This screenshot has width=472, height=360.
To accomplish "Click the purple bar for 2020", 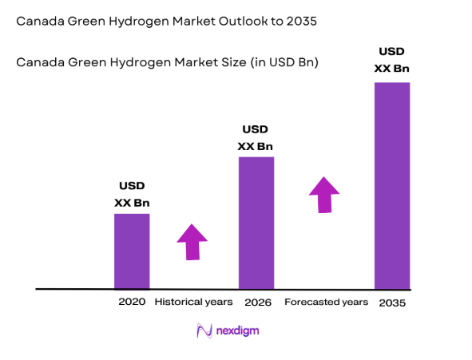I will (x=132, y=251).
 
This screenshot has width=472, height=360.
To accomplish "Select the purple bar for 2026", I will (x=256, y=223).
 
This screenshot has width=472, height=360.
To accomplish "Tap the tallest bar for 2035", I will (x=392, y=185).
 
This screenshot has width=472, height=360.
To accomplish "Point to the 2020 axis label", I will (x=132, y=302).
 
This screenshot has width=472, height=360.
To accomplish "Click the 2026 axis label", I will (x=258, y=303).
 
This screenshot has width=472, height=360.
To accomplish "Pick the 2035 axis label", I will (x=392, y=303).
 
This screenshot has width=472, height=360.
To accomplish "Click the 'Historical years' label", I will (x=193, y=302).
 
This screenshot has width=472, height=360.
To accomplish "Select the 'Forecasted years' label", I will (x=327, y=302).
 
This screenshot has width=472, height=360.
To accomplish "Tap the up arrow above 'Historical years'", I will (x=192, y=242).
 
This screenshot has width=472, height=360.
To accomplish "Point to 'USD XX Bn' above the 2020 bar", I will (x=132, y=195).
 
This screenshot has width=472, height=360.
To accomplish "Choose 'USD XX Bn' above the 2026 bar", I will (x=256, y=137).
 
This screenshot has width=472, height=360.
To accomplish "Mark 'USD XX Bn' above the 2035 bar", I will (x=392, y=60).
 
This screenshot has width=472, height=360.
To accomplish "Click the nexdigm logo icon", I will (x=204, y=330).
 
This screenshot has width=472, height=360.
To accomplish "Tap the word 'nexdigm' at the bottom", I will (x=238, y=330).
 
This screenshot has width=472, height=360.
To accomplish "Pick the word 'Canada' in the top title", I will (x=39, y=22).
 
